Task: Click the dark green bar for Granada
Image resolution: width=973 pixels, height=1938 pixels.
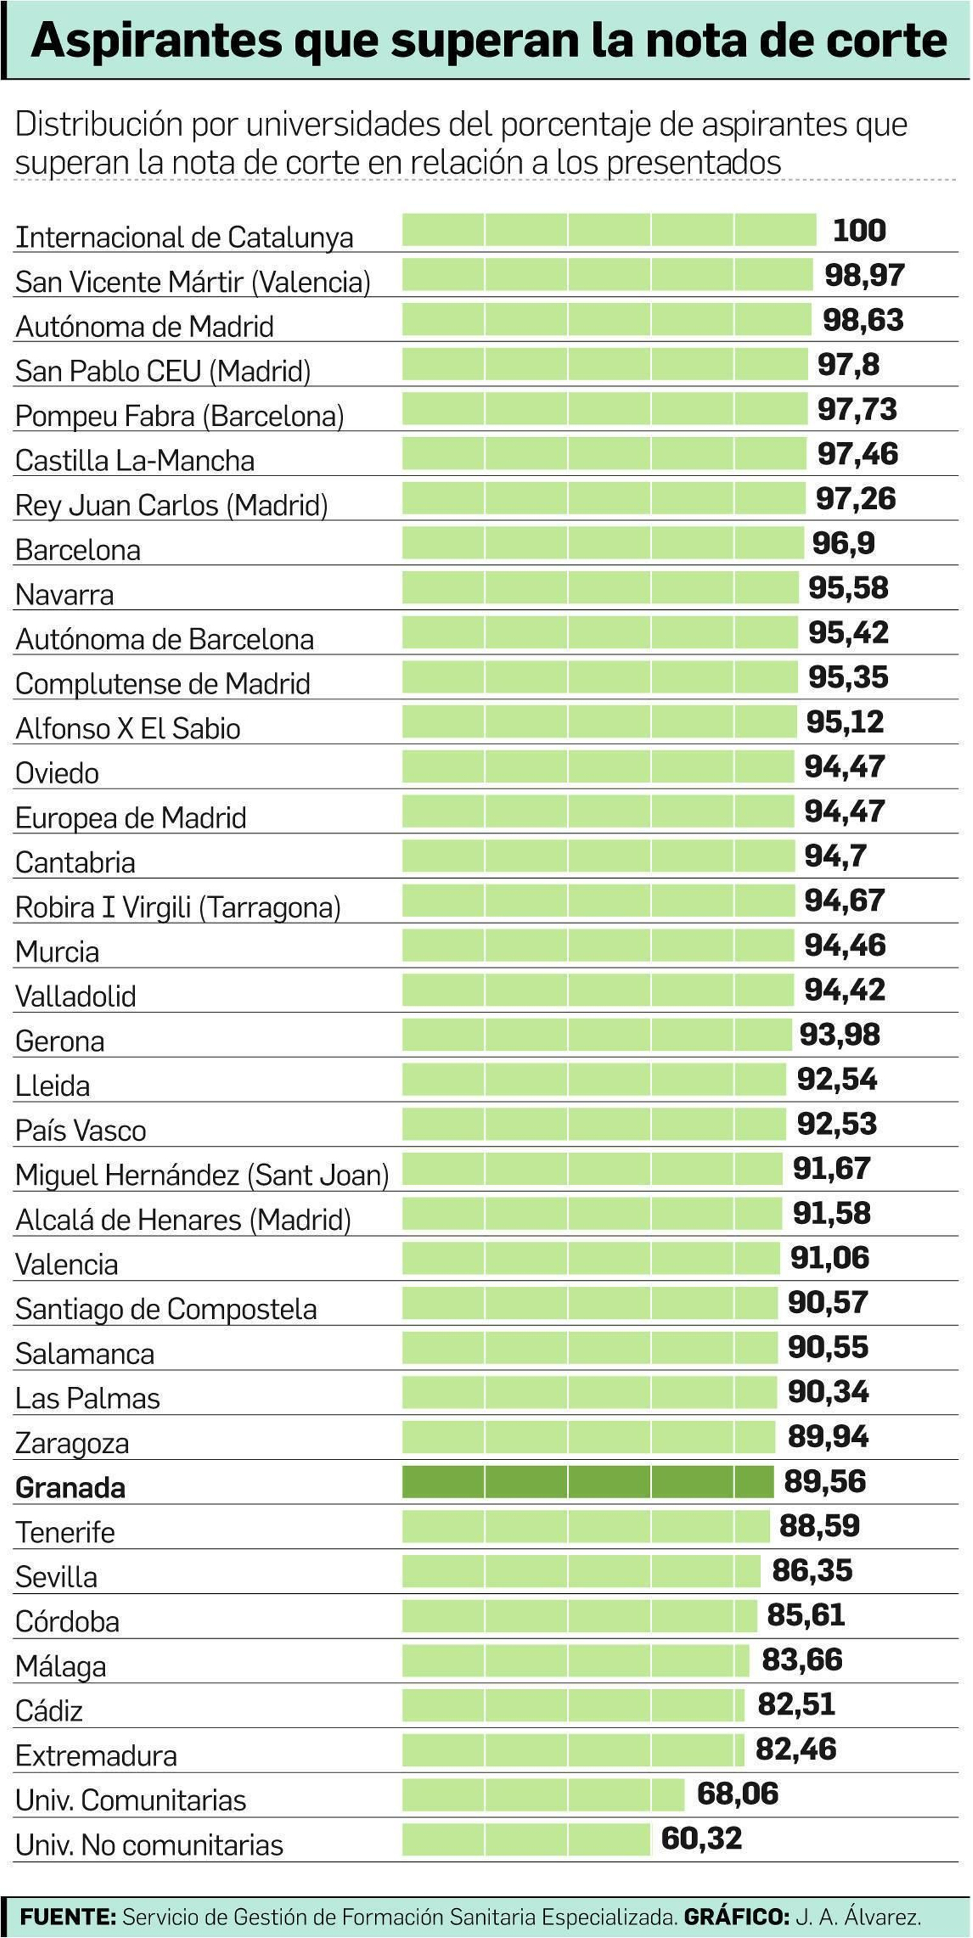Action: (x=587, y=1481)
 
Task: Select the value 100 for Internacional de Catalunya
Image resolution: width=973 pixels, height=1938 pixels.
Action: (x=859, y=230)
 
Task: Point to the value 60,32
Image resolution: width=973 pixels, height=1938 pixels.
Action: (x=701, y=1839)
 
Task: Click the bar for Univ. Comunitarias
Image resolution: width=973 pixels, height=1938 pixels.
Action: (x=542, y=1794)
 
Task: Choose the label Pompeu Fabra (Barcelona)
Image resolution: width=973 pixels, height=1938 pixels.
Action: (x=179, y=416)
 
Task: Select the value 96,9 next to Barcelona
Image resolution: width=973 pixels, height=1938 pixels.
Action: (x=843, y=543)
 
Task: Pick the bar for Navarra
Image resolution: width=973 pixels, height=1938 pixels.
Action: (x=600, y=587)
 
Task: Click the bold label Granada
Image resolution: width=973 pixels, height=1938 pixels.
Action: (x=70, y=1488)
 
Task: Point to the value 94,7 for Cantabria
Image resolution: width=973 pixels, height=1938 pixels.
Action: (x=836, y=856)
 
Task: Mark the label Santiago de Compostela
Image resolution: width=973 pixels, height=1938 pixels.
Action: (x=165, y=1310)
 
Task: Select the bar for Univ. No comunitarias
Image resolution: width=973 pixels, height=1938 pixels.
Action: (x=525, y=1839)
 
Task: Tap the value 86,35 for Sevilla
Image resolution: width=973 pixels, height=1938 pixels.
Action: (x=812, y=1571)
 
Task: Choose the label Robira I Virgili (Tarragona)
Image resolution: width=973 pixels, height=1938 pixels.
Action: (x=178, y=908)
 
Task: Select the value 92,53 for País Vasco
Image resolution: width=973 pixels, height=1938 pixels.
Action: (x=836, y=1124)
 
